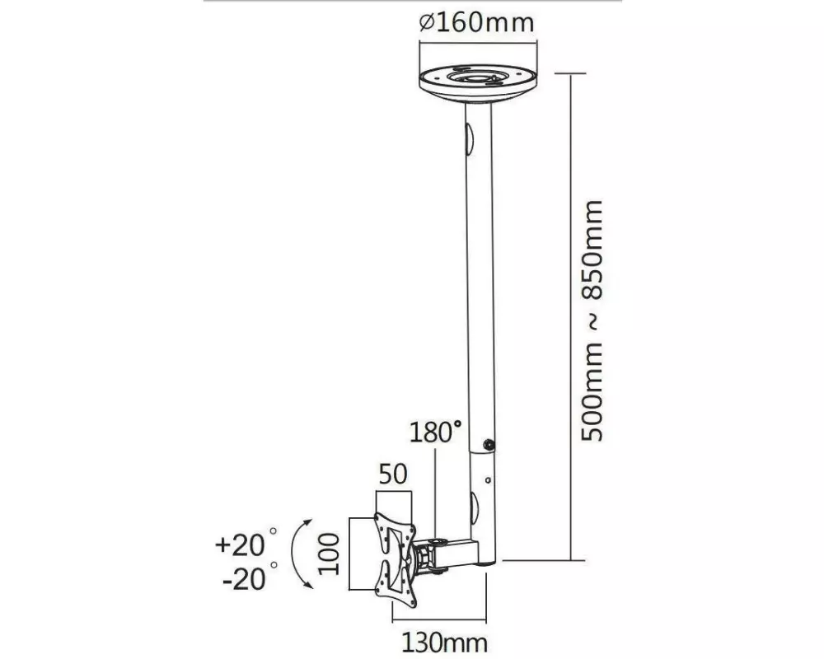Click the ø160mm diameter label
point(476,22)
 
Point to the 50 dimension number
point(393,474)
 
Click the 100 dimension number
point(330,554)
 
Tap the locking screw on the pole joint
point(489,445)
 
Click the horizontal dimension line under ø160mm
point(476,41)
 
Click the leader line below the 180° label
point(435,486)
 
